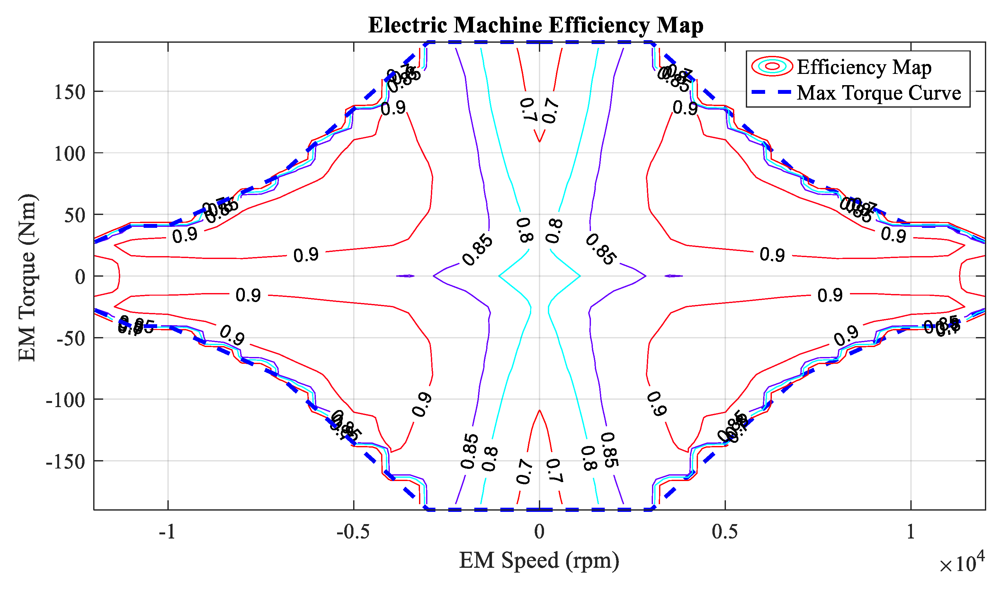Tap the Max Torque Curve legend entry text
(879, 93)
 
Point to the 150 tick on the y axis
(69, 92)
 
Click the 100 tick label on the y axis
(69, 154)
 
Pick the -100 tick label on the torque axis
(66, 400)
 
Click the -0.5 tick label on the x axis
(353, 531)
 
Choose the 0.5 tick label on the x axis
(725, 531)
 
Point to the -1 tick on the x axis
(167, 531)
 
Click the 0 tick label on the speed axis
(539, 531)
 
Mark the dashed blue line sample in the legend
(772, 92)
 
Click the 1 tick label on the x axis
(911, 531)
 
